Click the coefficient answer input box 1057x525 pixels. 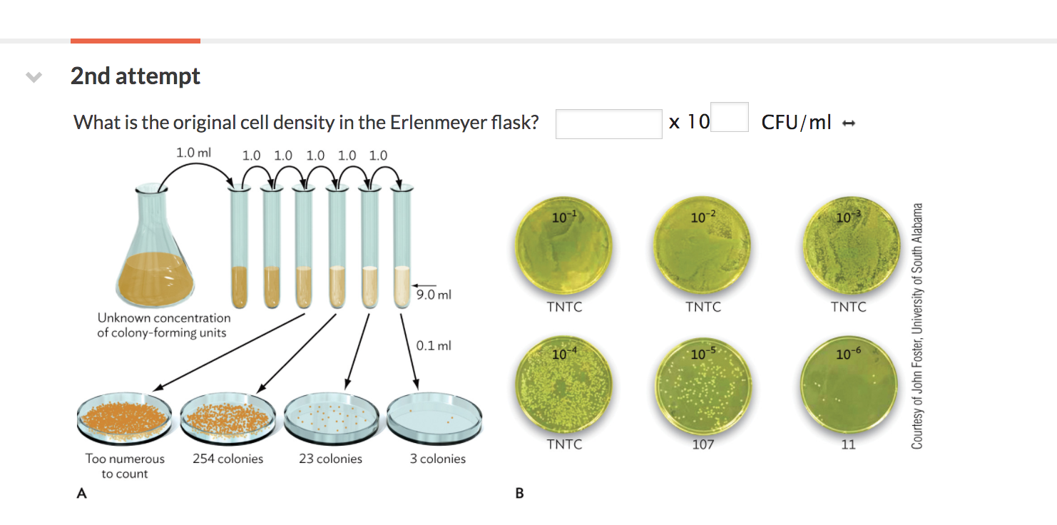[608, 123]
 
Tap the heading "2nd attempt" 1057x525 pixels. [136, 76]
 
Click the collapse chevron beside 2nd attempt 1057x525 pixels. [32, 76]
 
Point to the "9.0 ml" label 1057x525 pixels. [434, 294]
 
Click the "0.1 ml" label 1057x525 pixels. [433, 346]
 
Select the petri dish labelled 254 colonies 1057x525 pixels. [228, 417]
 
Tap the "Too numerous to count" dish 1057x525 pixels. [125, 417]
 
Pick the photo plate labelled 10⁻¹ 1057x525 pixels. [564, 246]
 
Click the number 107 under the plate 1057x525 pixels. [703, 444]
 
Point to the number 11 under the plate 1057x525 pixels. [849, 444]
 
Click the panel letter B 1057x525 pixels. [519, 492]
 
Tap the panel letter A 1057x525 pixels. [81, 492]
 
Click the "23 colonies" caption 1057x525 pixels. [330, 459]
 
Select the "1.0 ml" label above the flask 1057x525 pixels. [194, 152]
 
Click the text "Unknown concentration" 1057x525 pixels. [164, 317]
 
